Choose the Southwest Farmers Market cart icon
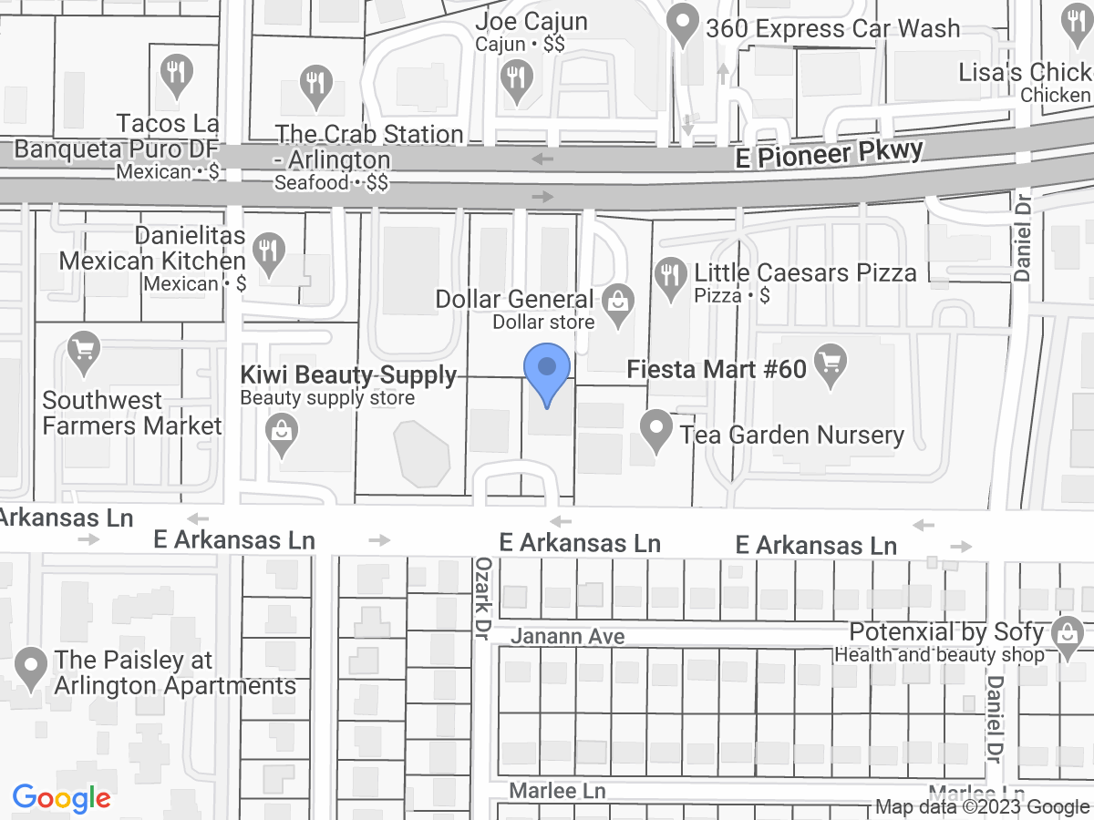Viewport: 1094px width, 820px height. click(84, 354)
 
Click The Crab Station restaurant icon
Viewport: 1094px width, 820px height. click(315, 86)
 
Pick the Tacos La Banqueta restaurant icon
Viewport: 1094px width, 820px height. click(173, 75)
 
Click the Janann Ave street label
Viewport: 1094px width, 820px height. click(567, 636)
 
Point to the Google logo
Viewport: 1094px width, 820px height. click(61, 799)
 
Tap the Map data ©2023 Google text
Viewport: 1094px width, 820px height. click(983, 806)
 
